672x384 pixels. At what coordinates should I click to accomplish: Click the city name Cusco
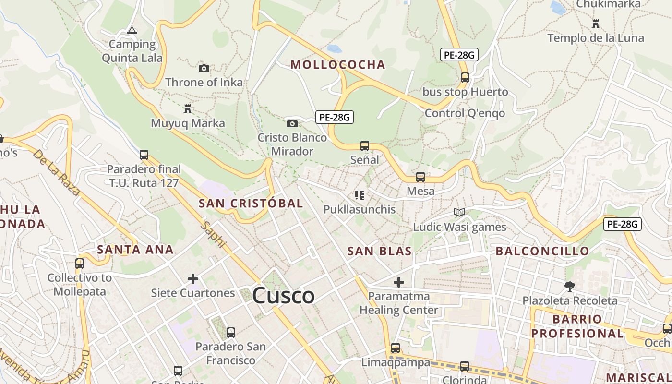283,295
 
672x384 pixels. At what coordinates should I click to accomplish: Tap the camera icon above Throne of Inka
204,68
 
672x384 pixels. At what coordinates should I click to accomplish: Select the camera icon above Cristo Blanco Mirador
292,123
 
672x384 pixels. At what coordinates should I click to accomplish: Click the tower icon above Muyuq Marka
188,109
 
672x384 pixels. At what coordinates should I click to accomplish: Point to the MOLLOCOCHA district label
338,65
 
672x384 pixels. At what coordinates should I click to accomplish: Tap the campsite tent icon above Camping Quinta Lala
132,31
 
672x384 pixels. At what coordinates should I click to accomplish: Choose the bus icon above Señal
365,145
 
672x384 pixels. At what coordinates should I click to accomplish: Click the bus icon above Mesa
420,177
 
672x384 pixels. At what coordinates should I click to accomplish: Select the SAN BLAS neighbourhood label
380,251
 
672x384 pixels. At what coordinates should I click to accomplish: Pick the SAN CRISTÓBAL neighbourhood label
251,203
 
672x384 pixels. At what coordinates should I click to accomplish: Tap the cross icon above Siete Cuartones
193,278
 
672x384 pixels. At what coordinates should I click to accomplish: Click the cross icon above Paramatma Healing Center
399,282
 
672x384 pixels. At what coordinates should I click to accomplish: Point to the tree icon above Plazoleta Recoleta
570,287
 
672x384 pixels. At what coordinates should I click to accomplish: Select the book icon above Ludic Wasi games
459,212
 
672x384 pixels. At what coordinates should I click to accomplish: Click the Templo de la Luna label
596,38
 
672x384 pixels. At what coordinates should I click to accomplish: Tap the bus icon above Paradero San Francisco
231,332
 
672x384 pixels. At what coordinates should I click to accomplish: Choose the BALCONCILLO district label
542,251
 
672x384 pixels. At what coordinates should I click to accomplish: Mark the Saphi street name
214,234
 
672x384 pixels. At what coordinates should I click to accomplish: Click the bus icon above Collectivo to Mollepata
80,263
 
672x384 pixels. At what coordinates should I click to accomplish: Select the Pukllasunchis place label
360,209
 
